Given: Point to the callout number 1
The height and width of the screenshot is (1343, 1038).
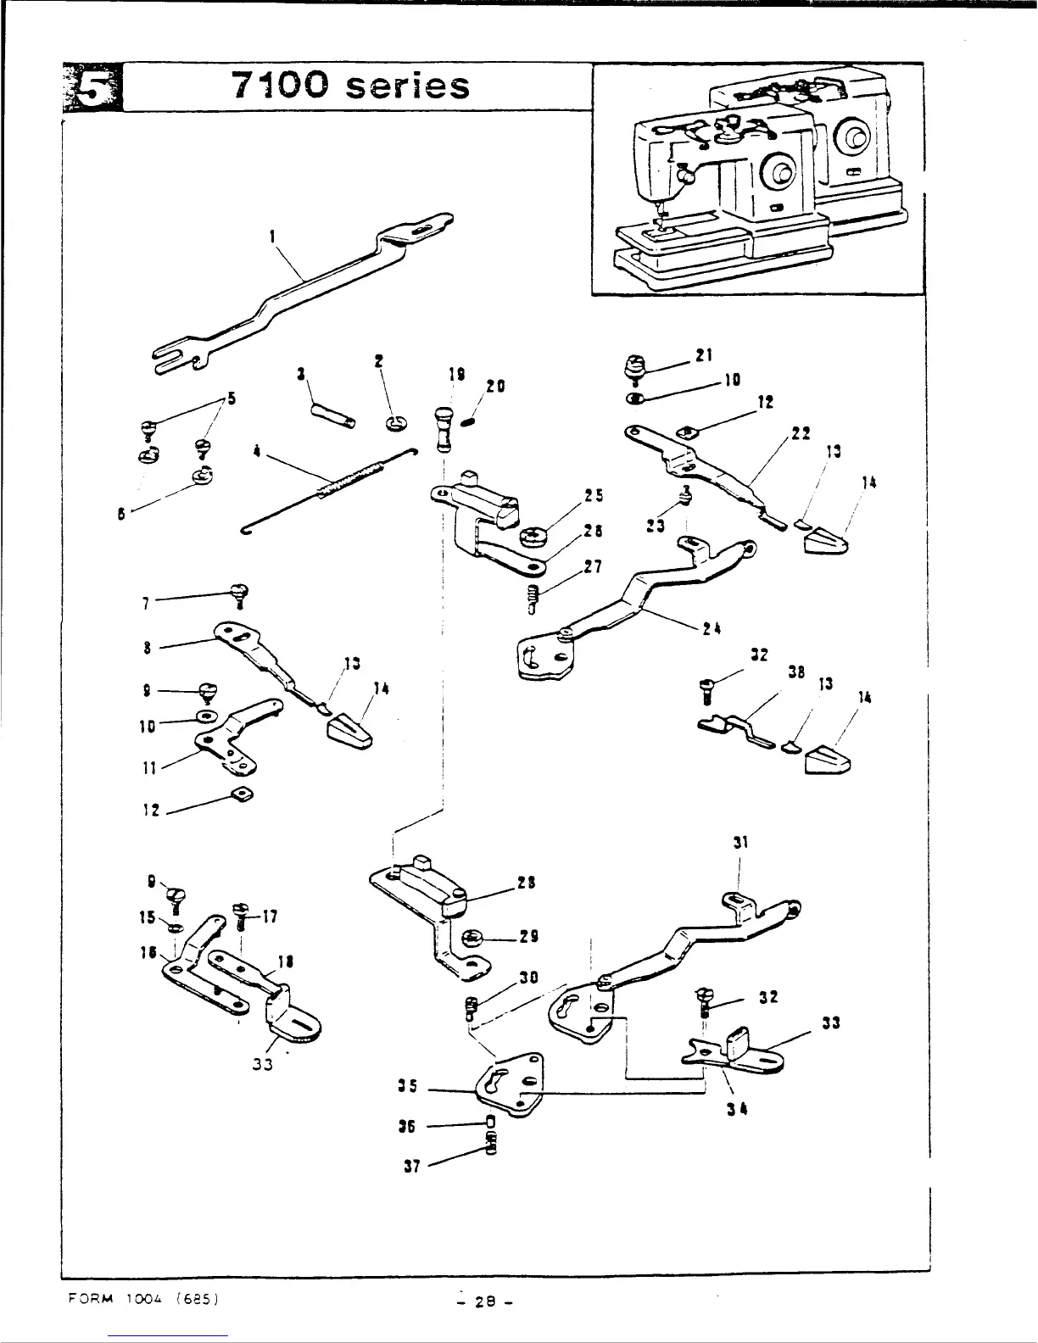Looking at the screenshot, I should (x=271, y=237).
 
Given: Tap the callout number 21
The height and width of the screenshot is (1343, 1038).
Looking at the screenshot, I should (x=703, y=356).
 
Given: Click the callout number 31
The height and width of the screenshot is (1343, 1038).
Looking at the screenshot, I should (x=739, y=843).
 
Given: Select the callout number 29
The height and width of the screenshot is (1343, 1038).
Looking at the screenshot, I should (x=530, y=937).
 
